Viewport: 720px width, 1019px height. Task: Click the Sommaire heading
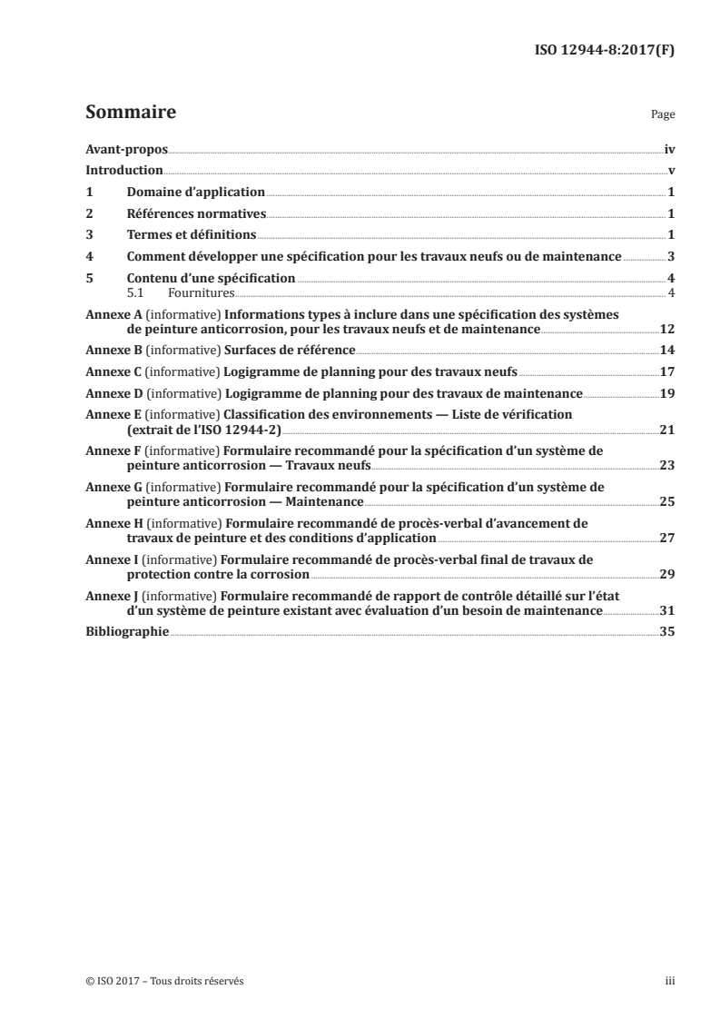click(130, 114)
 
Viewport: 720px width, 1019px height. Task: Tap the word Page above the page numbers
click(663, 115)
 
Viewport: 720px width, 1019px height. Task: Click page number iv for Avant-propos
click(669, 149)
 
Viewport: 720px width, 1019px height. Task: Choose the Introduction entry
click(123, 171)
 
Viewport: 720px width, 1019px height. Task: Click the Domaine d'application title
click(195, 193)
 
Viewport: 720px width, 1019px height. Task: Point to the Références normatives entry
click(196, 214)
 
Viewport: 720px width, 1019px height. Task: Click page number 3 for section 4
click(671, 257)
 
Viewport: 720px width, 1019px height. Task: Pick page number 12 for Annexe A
click(667, 328)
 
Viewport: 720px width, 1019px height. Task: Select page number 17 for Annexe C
click(667, 371)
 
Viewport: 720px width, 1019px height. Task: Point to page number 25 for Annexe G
click(667, 501)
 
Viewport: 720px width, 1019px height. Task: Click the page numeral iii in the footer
click(670, 981)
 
